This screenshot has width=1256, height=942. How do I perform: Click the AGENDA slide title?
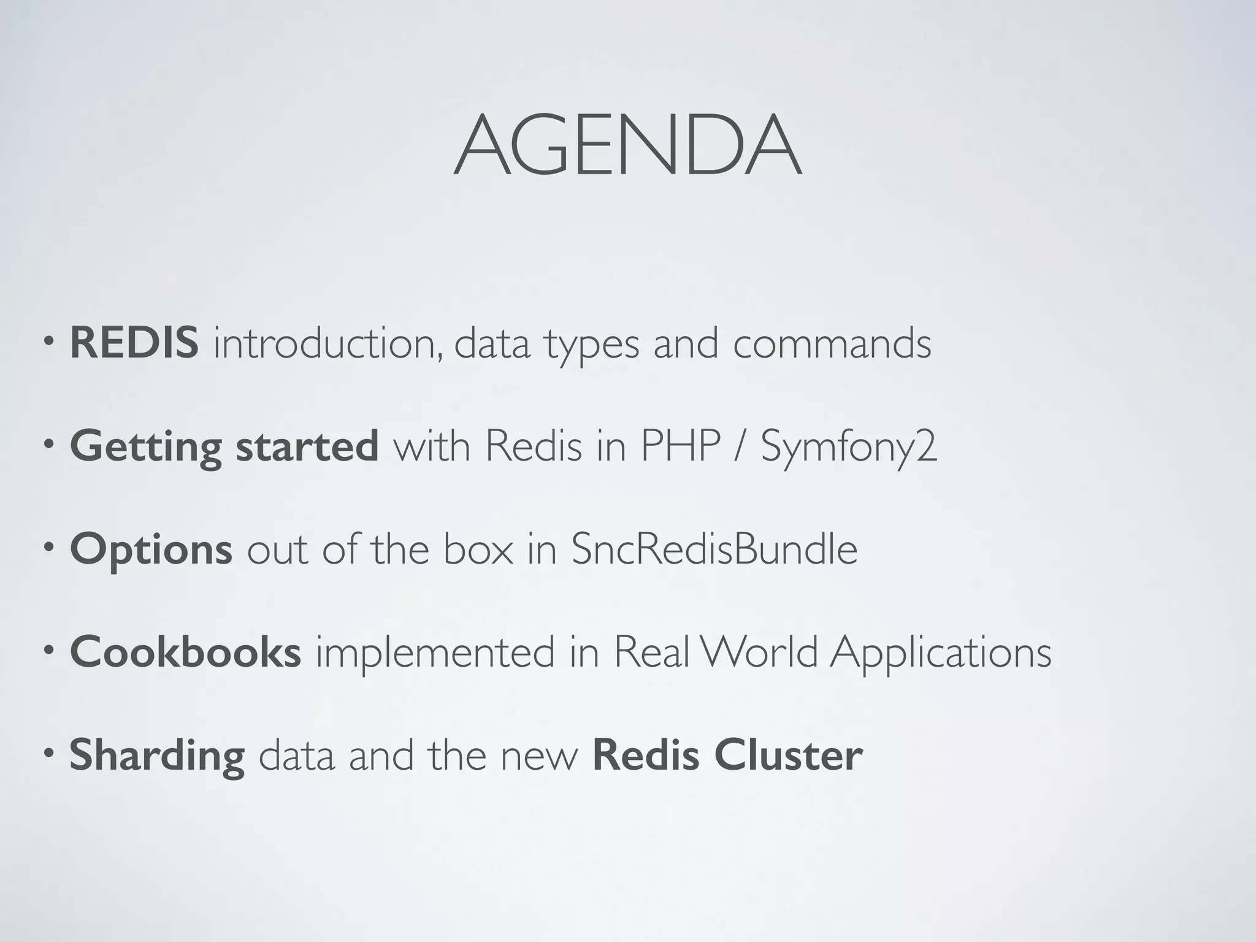(627, 146)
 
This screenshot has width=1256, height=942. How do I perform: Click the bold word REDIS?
(134, 343)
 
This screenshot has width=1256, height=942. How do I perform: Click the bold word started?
(307, 446)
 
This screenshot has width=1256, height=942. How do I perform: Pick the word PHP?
(680, 446)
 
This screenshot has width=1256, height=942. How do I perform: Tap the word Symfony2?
(849, 447)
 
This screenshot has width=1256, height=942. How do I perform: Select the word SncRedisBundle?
(714, 549)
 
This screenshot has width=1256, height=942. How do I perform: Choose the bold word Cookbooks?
(185, 651)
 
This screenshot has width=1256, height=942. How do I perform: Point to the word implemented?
(435, 653)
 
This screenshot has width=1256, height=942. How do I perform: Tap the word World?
(759, 651)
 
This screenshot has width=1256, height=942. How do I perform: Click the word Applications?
(941, 653)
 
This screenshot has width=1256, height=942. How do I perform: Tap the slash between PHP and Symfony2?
(740, 446)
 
